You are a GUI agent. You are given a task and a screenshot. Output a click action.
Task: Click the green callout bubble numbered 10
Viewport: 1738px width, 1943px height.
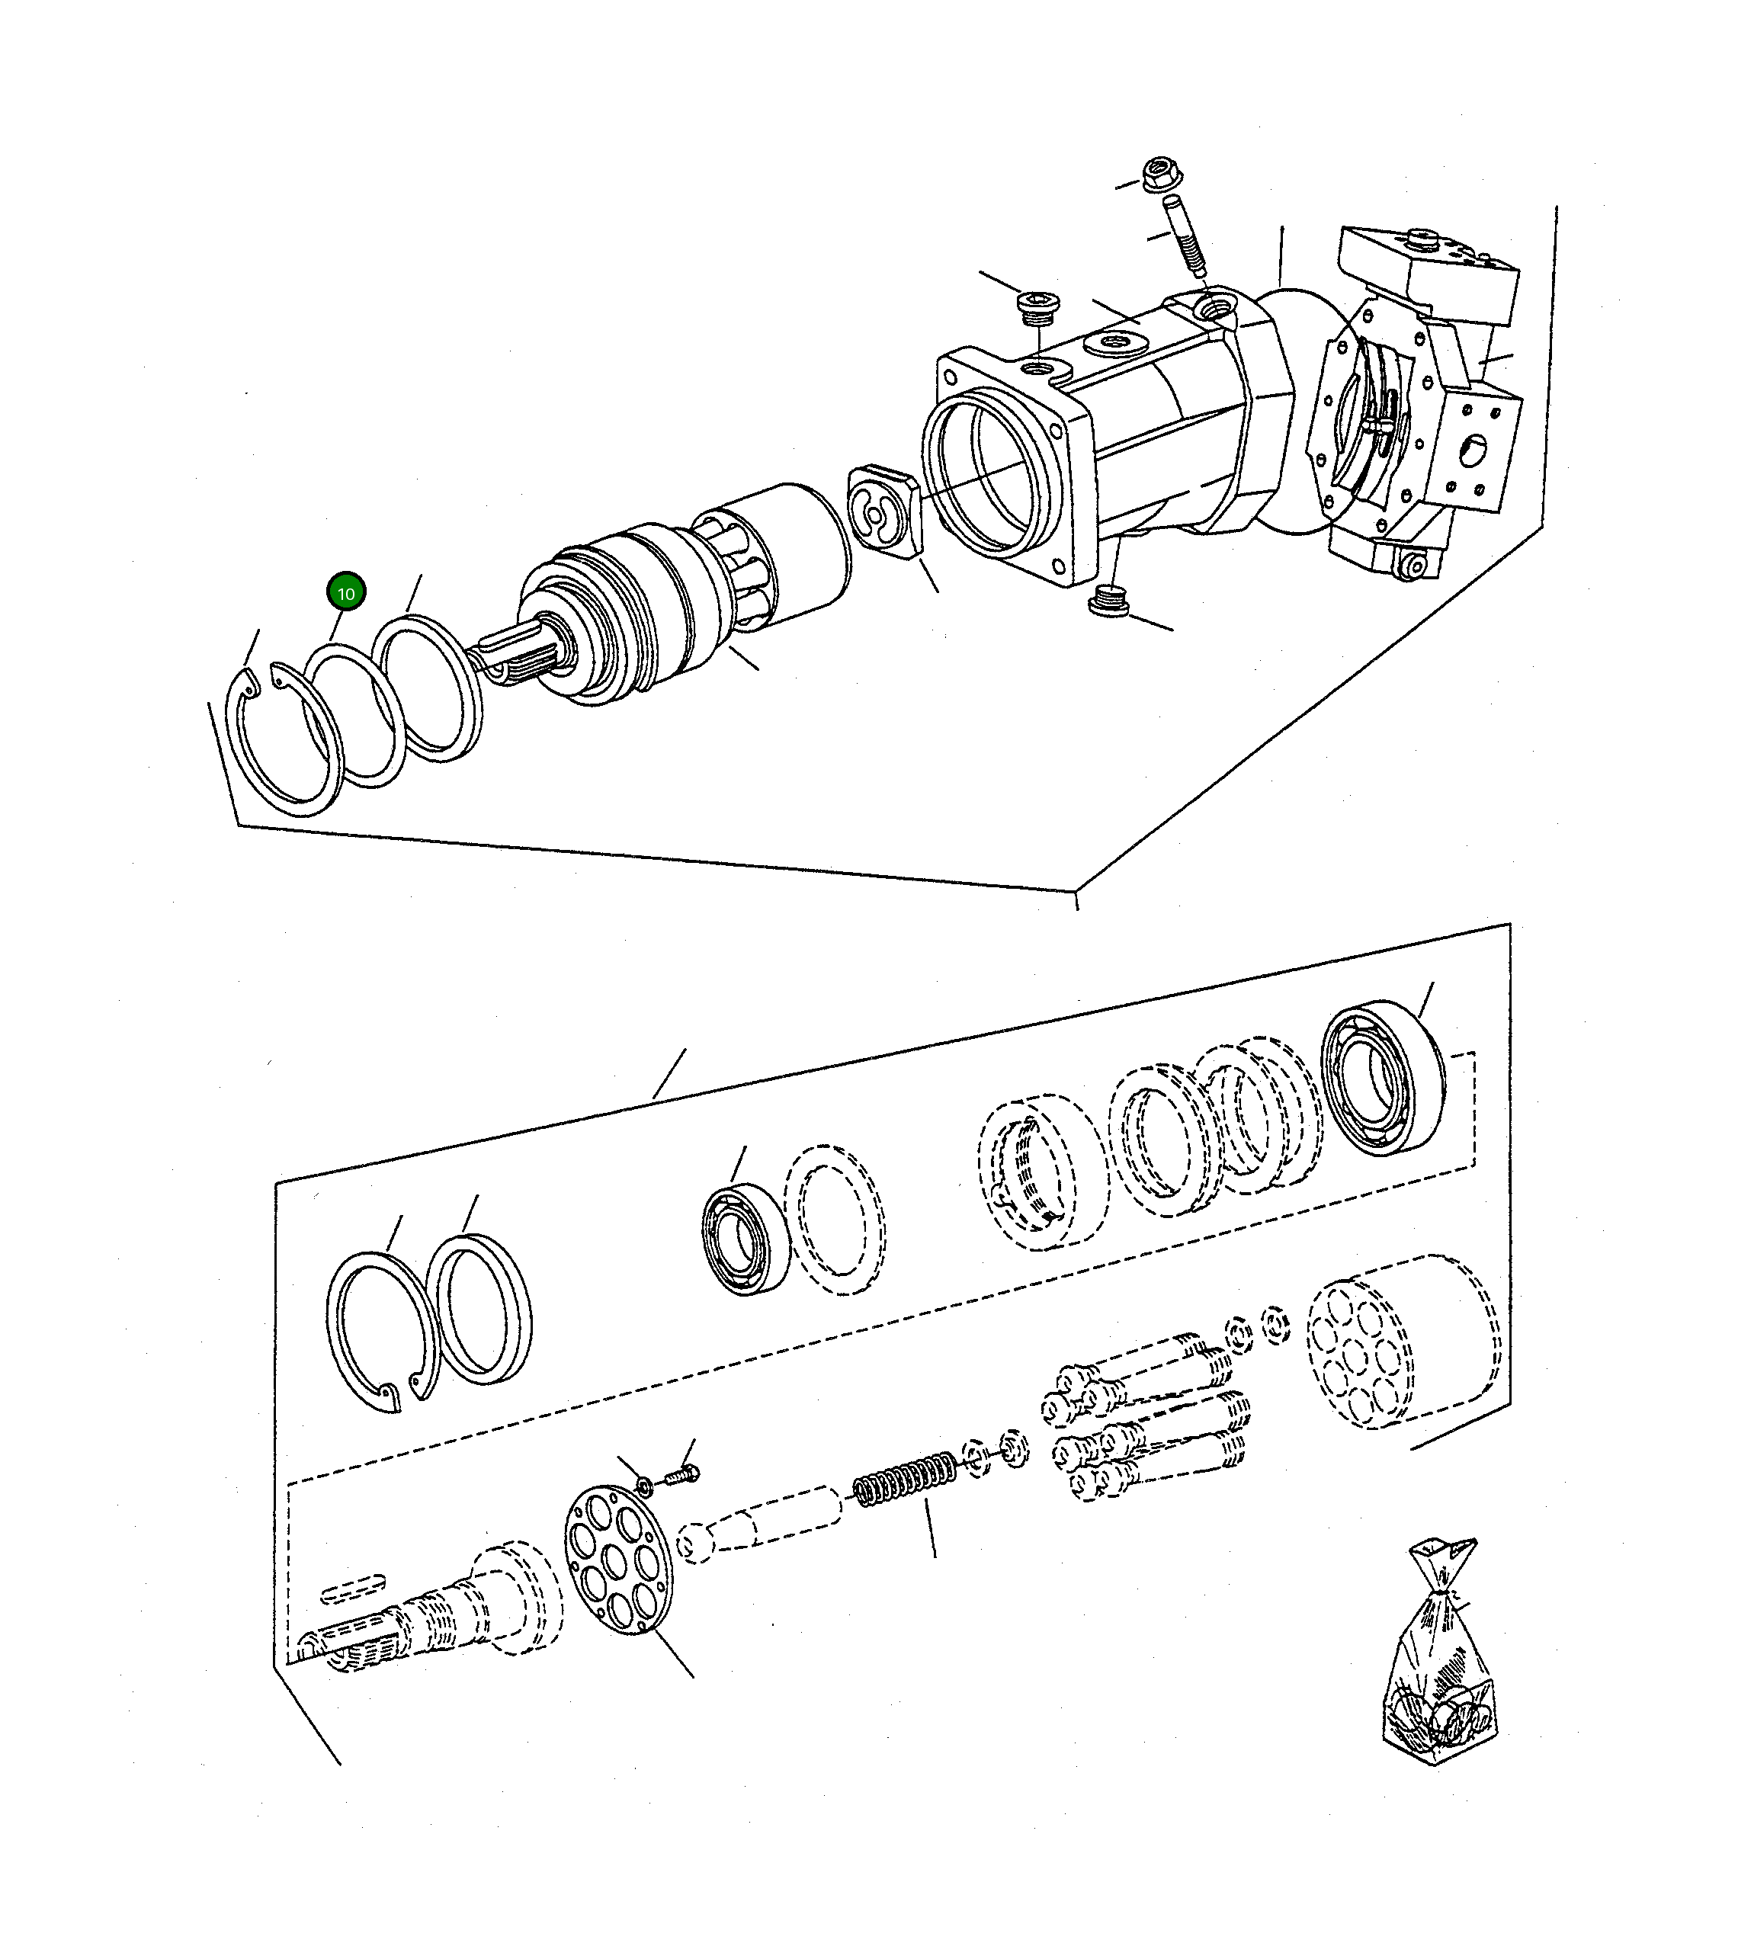[345, 593]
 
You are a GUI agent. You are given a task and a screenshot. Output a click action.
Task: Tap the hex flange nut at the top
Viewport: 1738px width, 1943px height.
[1159, 174]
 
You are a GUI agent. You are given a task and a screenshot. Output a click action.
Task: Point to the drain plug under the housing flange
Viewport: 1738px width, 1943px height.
[1108, 604]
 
